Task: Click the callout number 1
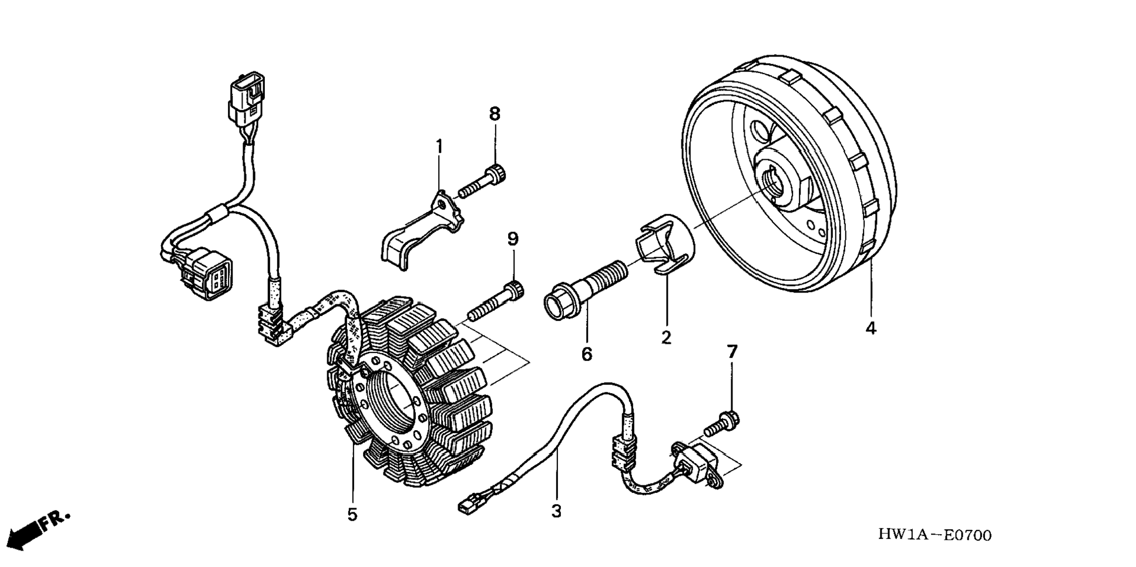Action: coord(439,146)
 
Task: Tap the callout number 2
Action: coord(666,337)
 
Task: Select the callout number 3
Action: coord(556,511)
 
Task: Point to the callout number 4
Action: coord(871,328)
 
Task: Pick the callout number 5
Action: coord(352,515)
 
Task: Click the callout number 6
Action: coord(587,354)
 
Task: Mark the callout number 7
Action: coord(732,352)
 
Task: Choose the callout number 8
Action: coord(495,114)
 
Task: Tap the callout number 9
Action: coord(513,239)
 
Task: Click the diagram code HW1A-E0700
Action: coord(935,535)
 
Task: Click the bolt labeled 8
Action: coord(482,182)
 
